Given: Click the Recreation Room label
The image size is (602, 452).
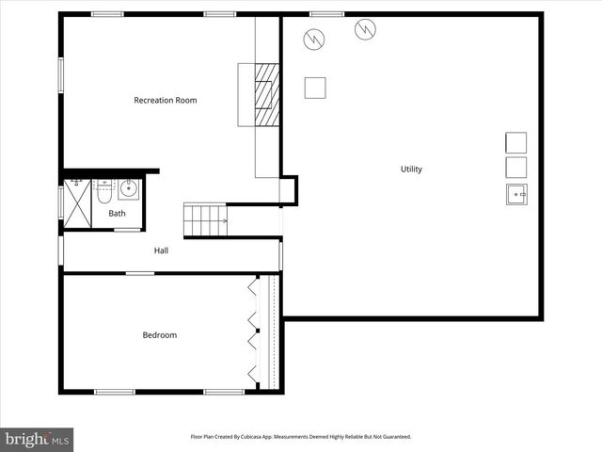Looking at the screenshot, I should [166, 100].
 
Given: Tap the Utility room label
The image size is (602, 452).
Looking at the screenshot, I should [411, 169].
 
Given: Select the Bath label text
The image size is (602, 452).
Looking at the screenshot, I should [117, 214].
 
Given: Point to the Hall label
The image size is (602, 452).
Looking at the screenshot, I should [161, 250].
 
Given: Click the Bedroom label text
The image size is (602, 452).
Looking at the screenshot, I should [159, 335].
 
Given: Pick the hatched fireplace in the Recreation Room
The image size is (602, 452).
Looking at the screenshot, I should [268, 94].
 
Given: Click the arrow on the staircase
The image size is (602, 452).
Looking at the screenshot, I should [222, 221].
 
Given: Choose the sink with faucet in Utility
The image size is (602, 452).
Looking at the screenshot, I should [515, 194].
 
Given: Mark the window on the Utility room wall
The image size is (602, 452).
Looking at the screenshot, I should [327, 13].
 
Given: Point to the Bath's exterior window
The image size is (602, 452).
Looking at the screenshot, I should [61, 202].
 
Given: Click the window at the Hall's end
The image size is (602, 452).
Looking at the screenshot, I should [61, 250].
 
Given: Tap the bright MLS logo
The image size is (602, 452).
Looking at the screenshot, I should [37, 439].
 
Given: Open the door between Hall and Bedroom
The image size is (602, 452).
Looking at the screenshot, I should [140, 273].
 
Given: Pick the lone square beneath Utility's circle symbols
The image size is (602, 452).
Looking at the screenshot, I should [315, 88].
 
